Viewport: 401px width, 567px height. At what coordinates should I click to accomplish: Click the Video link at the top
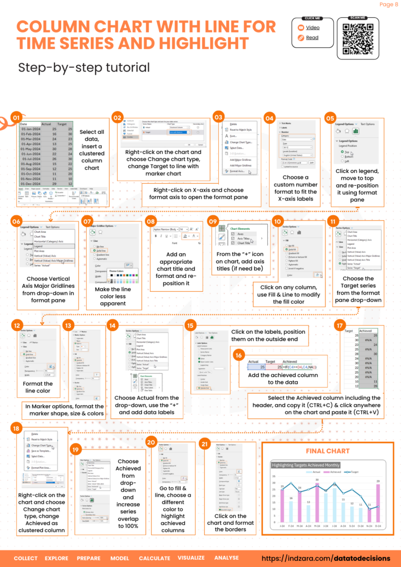point(313,27)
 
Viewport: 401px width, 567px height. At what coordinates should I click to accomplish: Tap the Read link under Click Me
point(312,38)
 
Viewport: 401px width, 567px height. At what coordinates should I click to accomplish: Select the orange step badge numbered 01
point(16,118)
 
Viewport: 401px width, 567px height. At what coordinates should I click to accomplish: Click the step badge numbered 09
point(213,221)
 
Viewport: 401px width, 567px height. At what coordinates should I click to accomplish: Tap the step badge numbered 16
point(238,355)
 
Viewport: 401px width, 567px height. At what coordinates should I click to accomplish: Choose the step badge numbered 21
point(205,444)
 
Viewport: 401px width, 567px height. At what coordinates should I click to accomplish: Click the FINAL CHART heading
point(327,451)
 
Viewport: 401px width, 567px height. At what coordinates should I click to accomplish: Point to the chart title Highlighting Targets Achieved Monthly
point(305,465)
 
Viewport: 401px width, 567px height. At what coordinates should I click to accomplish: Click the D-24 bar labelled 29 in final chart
point(378,503)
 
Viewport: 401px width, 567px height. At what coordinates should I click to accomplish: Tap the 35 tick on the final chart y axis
point(274,476)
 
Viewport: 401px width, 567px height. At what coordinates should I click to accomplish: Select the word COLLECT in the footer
point(26,558)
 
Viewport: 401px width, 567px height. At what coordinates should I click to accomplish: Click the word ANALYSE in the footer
point(226,558)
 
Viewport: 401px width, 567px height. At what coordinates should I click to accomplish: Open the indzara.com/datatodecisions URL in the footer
point(326,558)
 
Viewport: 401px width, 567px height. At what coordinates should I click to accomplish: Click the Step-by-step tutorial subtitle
point(84,67)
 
